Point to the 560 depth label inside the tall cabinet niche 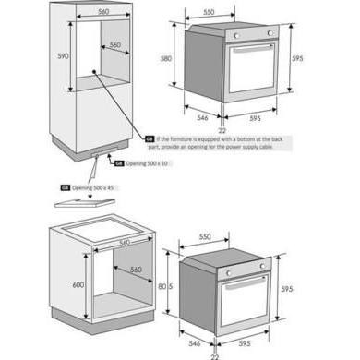click(114, 44)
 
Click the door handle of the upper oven click(250, 45)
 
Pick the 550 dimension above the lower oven click(209, 237)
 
